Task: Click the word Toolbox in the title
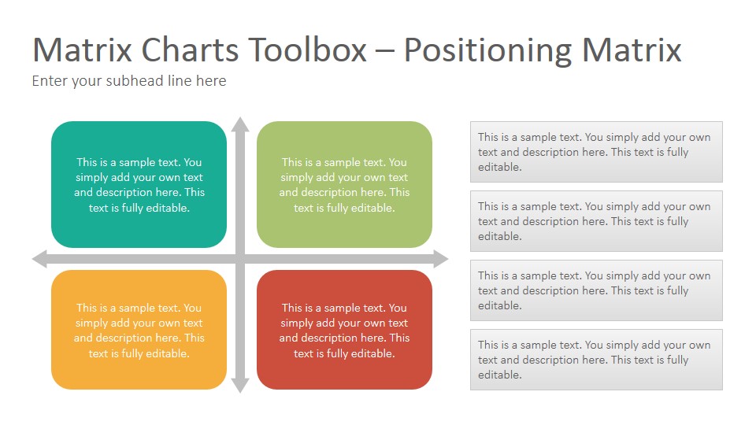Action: point(308,50)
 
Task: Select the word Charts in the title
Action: point(190,50)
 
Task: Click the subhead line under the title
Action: point(129,80)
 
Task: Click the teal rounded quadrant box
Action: point(139,184)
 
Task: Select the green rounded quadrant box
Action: point(344,184)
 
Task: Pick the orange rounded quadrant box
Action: point(139,330)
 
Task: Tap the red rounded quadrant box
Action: point(344,330)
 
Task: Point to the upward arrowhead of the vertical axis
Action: point(240,124)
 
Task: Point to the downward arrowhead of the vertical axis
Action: point(240,386)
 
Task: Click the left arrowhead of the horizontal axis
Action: point(39,259)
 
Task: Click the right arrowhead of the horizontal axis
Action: point(441,259)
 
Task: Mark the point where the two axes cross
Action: point(240,259)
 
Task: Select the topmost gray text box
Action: point(596,152)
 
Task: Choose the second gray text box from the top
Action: point(596,221)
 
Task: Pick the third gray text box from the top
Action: point(596,290)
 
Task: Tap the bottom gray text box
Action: point(596,360)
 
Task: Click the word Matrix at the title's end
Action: point(632,50)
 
